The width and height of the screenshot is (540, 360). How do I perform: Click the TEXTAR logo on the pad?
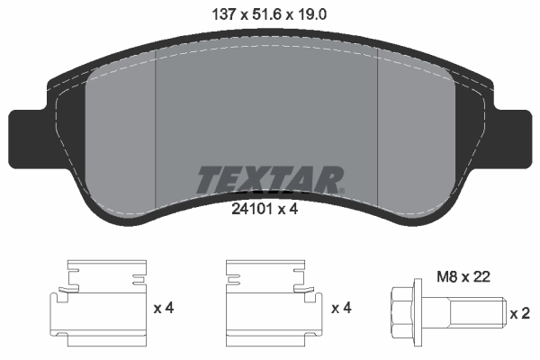click(269, 179)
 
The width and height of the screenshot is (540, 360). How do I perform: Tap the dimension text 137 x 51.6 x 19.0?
click(269, 14)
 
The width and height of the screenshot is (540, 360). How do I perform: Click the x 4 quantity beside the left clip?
click(163, 309)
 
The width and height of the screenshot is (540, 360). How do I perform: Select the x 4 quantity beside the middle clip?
click(341, 309)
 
